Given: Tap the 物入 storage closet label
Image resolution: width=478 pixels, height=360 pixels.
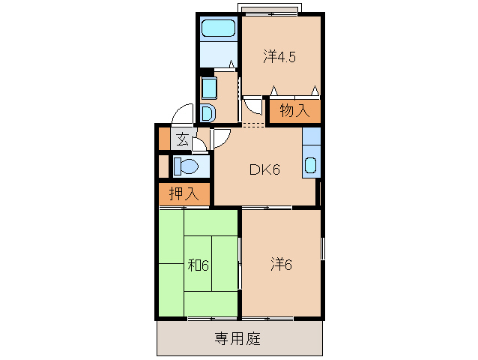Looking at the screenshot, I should [x=294, y=111].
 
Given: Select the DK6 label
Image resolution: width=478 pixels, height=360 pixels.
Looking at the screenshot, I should [x=264, y=169].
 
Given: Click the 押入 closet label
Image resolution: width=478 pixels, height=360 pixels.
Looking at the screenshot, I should [x=183, y=193].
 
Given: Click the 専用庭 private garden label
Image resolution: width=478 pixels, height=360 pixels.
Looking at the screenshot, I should [x=240, y=339].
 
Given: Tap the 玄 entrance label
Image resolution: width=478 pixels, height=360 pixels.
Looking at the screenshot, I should [x=182, y=138].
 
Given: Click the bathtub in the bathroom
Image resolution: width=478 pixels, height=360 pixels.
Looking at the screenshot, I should [x=218, y=30].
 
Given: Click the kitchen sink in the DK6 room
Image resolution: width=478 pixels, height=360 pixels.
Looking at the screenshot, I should [x=310, y=166].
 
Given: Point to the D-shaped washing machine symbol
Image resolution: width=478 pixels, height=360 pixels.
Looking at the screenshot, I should [x=208, y=113].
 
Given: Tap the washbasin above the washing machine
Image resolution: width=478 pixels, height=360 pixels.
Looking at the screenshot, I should [x=208, y=88].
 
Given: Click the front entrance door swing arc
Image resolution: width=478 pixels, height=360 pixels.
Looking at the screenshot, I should [x=182, y=115].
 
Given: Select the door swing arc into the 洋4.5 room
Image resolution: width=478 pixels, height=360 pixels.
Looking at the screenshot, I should [x=255, y=109].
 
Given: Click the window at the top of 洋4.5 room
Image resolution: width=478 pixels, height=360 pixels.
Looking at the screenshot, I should [x=270, y=10].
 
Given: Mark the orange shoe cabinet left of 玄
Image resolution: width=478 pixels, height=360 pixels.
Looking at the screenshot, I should [x=164, y=139].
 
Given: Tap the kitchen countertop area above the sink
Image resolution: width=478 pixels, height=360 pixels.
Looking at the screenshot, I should [x=311, y=139].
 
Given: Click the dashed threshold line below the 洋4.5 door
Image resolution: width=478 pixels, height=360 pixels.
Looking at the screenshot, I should [x=254, y=124].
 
